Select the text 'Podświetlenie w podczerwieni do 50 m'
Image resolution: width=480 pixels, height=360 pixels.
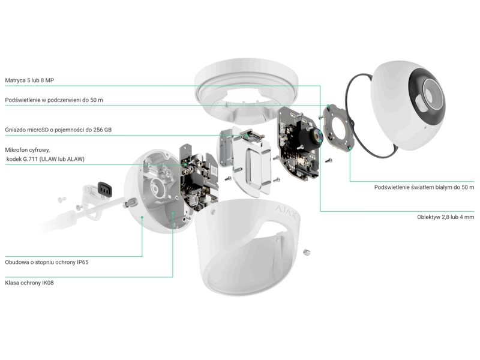coord(54,100)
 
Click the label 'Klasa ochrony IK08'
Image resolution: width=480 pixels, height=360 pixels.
coord(29,281)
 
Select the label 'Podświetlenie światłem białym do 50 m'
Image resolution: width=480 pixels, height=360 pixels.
coord(424,187)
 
